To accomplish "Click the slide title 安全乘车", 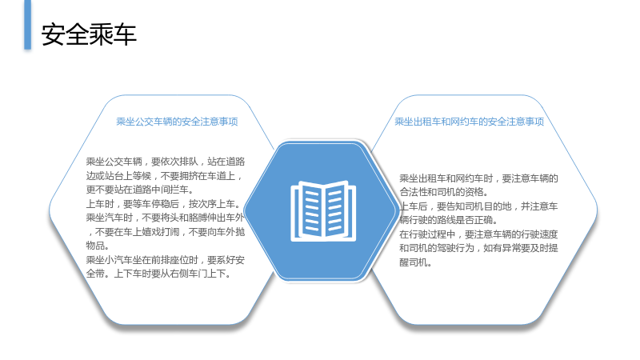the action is coord(89,34).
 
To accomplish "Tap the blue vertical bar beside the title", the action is coord(28,25).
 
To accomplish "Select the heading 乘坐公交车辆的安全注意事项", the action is coord(177,122).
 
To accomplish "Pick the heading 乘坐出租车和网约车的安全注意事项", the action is coord(470,122).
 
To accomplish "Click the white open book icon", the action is coord(323,210).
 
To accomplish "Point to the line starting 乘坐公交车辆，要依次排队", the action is coord(166,162).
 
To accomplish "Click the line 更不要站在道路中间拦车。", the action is coord(139,190).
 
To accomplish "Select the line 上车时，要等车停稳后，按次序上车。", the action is coord(163,204).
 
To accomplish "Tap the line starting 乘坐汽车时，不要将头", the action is coord(165,218).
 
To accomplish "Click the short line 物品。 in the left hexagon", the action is coord(98,246).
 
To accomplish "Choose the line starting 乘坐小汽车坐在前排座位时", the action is coord(166,260).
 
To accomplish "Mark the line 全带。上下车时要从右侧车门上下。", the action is coord(158,274).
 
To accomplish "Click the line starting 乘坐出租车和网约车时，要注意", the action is coord(478,178).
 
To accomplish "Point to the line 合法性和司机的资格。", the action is coord(444,192).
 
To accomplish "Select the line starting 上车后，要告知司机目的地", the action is coord(478,206).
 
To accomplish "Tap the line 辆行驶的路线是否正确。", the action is coord(448,221).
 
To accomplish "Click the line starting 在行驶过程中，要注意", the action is coord(478,234).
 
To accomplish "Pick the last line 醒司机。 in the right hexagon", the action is coord(415,262).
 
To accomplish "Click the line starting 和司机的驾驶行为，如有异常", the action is coord(478,248).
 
